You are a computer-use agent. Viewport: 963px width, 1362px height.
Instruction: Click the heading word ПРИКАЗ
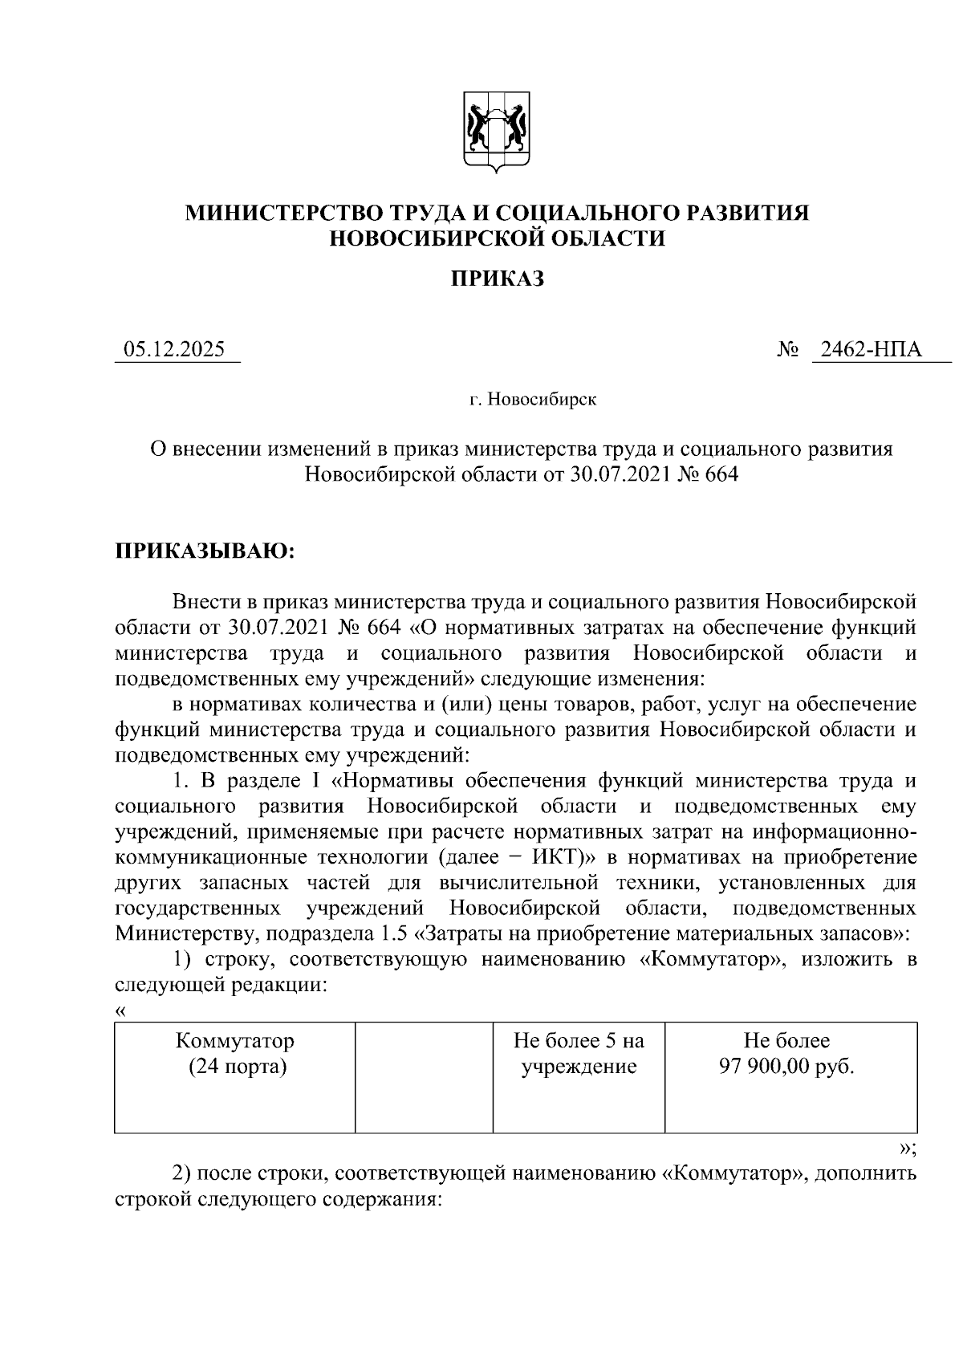click(x=497, y=278)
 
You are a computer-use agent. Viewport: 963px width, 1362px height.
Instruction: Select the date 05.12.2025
click(x=174, y=350)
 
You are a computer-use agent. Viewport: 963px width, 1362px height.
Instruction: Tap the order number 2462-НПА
click(x=867, y=350)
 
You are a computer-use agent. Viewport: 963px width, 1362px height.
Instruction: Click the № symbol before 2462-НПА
click(x=787, y=351)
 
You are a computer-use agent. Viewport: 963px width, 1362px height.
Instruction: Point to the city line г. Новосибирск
click(x=533, y=399)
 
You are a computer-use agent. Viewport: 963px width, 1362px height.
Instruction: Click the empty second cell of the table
click(x=424, y=1076)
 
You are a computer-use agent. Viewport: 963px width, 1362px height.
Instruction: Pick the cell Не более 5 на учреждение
click(x=579, y=1054)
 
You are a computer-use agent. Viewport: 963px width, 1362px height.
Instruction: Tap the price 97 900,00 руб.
click(x=786, y=1067)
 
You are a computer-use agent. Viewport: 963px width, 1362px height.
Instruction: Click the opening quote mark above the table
click(x=121, y=1010)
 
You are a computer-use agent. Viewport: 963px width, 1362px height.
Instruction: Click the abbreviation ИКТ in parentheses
click(x=557, y=856)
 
